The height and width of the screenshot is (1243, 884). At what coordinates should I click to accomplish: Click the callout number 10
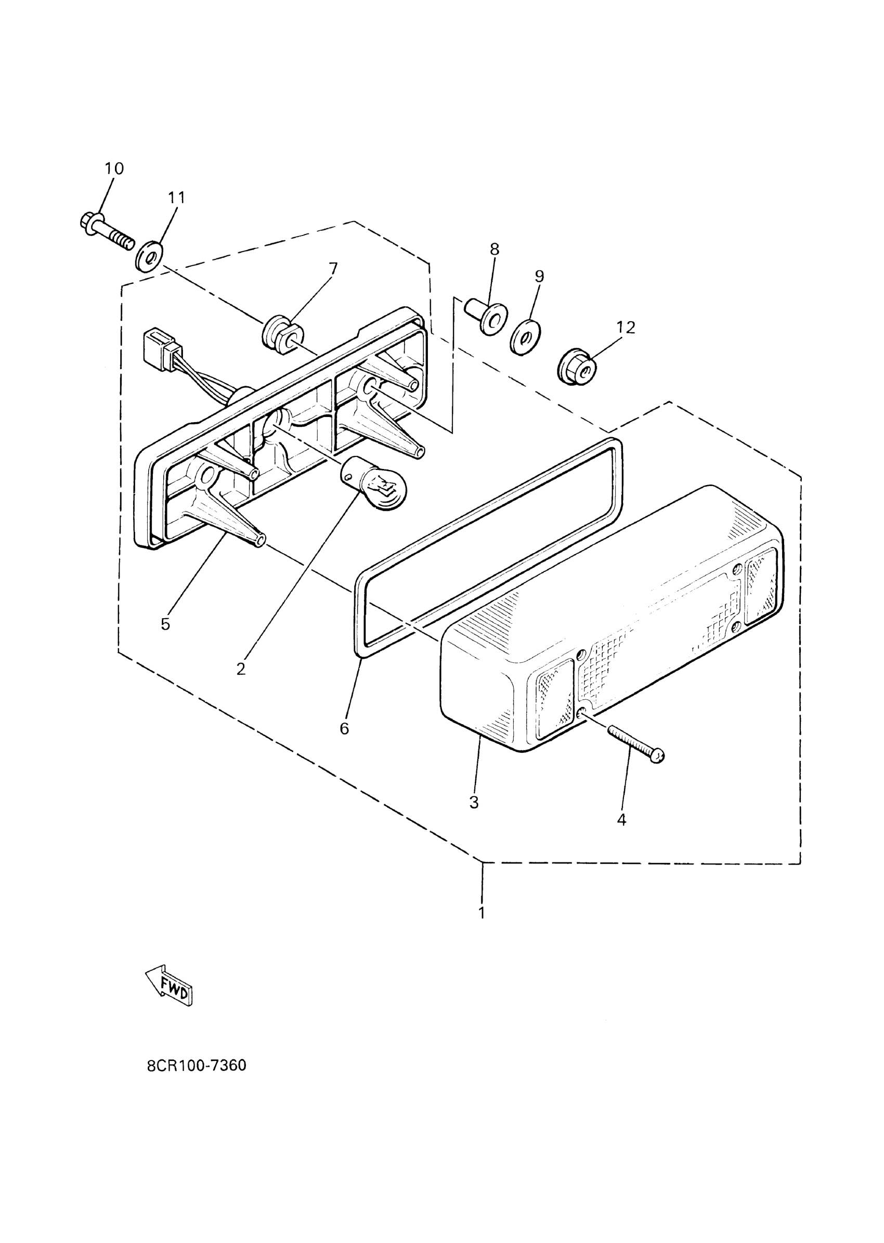coord(114,169)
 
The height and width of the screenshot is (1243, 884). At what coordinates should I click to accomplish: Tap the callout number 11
coord(176,198)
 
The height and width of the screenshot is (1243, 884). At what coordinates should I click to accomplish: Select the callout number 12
coord(626,328)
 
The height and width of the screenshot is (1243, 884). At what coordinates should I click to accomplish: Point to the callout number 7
coord(333,269)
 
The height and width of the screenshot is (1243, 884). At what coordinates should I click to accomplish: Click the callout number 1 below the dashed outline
coord(482,913)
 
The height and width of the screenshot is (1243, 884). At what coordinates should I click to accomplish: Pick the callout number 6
coord(344,729)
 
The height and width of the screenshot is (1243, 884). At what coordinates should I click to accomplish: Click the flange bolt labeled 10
coord(106,231)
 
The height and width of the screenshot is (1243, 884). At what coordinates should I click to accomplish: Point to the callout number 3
coord(474,802)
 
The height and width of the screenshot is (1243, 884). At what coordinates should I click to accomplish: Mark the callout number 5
coord(165,624)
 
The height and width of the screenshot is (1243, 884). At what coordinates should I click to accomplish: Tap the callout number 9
coord(539,277)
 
